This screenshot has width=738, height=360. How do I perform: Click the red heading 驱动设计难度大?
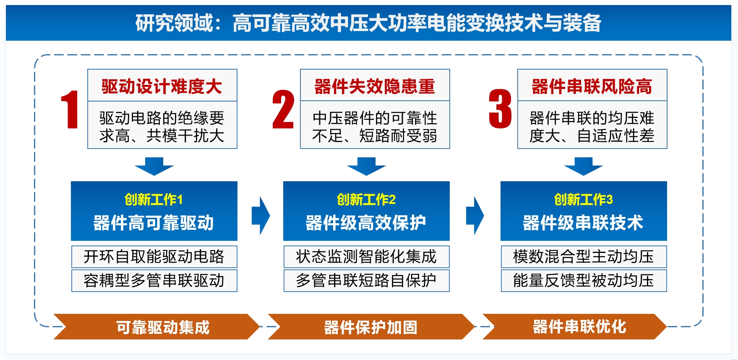162,86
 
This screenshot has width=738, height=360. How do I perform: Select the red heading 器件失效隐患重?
375,86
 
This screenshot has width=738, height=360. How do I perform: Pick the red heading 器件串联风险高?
592,86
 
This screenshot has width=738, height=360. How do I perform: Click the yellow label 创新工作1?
154,200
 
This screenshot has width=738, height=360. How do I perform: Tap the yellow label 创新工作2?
366,200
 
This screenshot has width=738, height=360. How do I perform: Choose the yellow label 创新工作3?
583,200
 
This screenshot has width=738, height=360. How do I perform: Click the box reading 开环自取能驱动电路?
154,257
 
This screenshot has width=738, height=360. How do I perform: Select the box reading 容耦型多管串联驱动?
154,281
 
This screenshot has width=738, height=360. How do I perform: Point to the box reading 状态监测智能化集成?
366,257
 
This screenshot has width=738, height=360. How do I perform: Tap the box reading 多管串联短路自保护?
366,281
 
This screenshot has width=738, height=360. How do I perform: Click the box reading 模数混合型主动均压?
584,257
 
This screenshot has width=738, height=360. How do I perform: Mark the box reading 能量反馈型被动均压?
584,281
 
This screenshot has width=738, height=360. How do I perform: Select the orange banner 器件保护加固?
371,327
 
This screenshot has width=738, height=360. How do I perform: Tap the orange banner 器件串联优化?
579,326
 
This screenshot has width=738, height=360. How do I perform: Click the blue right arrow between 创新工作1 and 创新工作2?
261,216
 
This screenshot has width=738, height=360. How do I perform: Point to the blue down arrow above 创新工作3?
583,166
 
